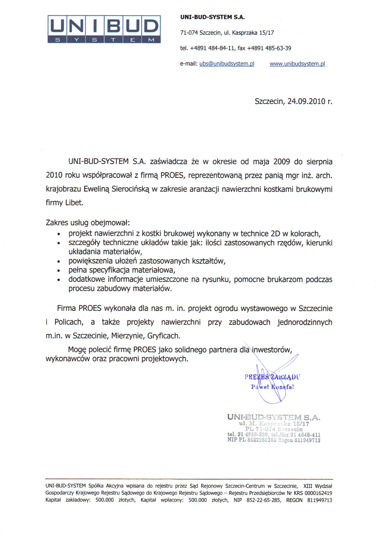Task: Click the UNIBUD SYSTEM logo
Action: coord(104,29)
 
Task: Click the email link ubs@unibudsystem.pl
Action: coord(227,64)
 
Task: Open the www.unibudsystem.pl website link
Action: coord(297,64)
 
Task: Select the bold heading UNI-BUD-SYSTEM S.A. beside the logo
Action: coord(212,17)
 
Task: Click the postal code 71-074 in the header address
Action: coord(189,33)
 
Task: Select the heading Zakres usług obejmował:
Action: coord(88,223)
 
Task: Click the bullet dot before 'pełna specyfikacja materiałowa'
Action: coord(59,270)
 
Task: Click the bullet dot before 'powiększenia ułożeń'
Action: coord(59,261)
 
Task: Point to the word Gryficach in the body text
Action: coord(164,336)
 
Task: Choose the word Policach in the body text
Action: coord(69,322)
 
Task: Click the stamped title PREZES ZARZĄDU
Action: coord(272,377)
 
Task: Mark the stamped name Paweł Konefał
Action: coord(272,387)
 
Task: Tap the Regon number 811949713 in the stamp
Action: coord(307,440)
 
